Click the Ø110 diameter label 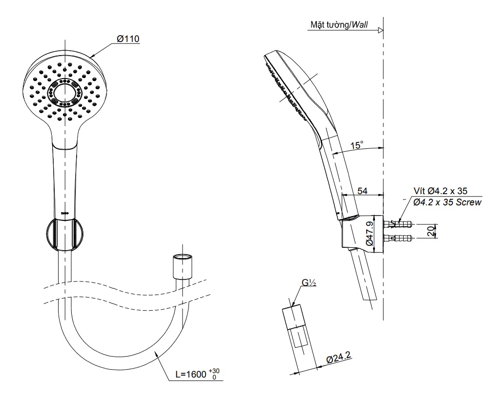click(x=128, y=38)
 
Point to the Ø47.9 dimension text click(x=369, y=234)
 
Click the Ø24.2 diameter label click(x=339, y=359)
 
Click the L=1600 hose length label click(x=195, y=375)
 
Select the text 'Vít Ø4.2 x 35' click(x=444, y=191)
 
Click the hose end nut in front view click(x=182, y=266)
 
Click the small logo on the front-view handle click(x=64, y=214)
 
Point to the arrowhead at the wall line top click(x=380, y=30)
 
